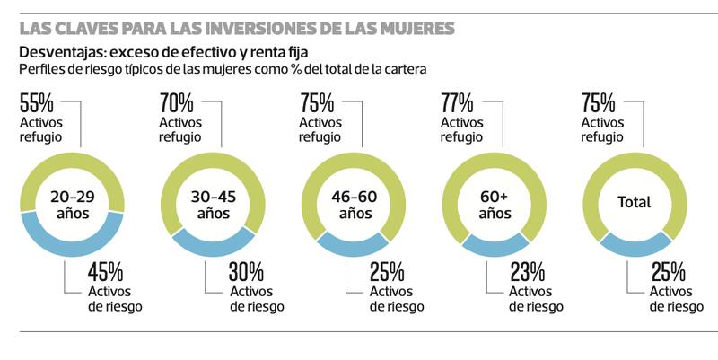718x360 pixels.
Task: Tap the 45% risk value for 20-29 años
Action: (105, 271)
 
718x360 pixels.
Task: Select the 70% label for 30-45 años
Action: (177, 101)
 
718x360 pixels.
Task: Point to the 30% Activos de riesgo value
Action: (246, 271)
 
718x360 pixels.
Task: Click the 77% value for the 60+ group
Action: (458, 101)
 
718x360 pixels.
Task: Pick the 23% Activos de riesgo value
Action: (527, 271)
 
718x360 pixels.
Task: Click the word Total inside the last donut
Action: (635, 203)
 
